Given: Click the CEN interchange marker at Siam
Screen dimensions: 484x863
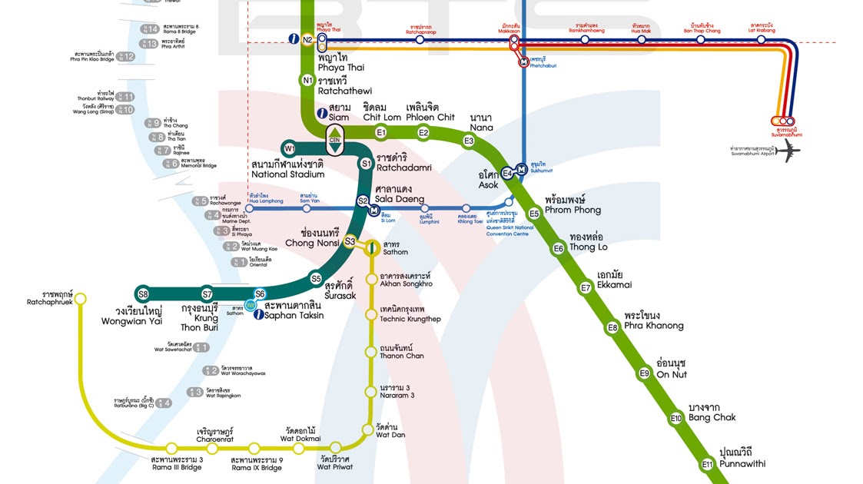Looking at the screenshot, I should [x=335, y=138].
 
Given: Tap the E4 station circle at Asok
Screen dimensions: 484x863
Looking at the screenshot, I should [x=507, y=173].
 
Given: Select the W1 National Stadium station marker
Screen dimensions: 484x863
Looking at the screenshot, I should [x=290, y=148].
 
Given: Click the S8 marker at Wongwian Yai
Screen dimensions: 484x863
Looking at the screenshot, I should [x=143, y=294].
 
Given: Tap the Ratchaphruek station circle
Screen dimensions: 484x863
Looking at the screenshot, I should [x=81, y=299].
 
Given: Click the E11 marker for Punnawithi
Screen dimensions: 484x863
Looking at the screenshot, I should [x=707, y=465].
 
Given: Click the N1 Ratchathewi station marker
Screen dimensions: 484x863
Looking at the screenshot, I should [x=307, y=80].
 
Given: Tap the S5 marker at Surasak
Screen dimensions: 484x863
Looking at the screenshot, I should [x=316, y=278].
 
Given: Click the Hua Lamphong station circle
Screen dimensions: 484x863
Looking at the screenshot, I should [x=249, y=208].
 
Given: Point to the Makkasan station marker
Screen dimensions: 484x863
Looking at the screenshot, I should [x=513, y=39].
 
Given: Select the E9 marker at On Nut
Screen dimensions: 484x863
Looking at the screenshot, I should [x=645, y=373].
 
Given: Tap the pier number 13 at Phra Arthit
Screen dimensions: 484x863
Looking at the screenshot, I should [x=151, y=44].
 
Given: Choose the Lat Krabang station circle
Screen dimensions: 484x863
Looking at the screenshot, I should [x=761, y=39].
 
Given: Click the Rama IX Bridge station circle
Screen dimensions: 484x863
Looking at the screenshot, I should [x=256, y=448].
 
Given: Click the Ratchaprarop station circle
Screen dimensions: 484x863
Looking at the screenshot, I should [x=420, y=39].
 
